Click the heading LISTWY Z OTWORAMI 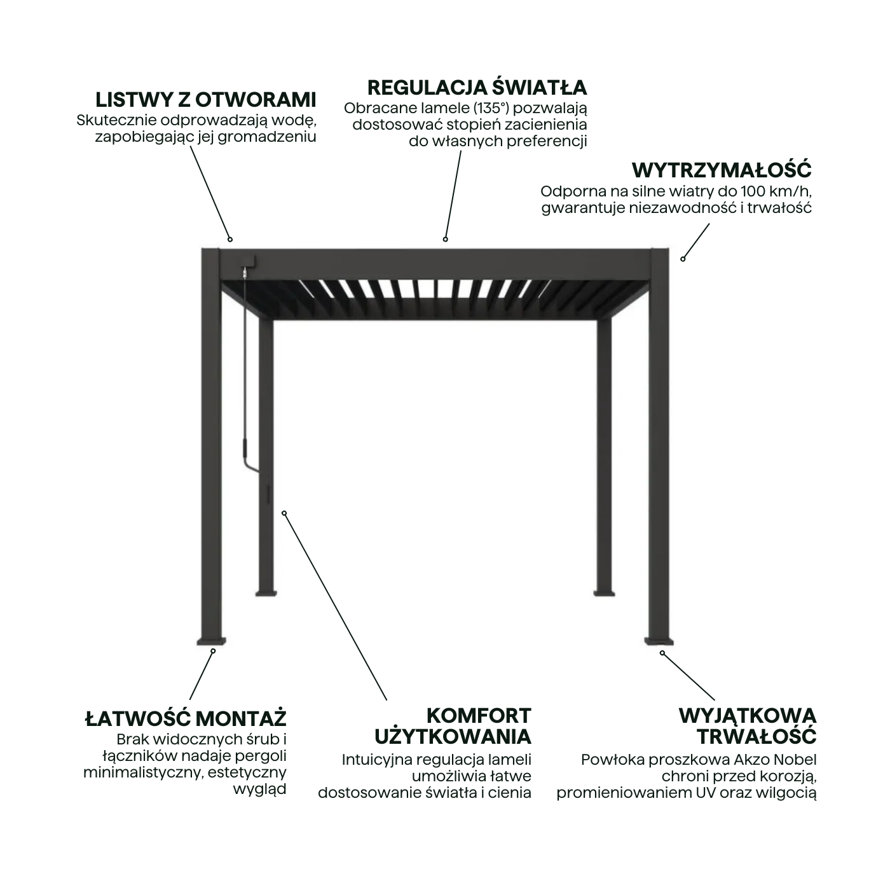205,100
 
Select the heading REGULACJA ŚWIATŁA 477,87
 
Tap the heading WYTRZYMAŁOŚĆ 721,170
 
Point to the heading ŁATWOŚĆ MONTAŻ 186,719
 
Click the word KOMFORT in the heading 478,715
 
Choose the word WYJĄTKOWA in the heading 747,715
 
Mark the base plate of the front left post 212,640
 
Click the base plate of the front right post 659,640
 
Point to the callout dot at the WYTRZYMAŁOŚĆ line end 683,259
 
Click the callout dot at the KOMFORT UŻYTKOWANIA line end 284,513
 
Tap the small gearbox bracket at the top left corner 247,262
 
